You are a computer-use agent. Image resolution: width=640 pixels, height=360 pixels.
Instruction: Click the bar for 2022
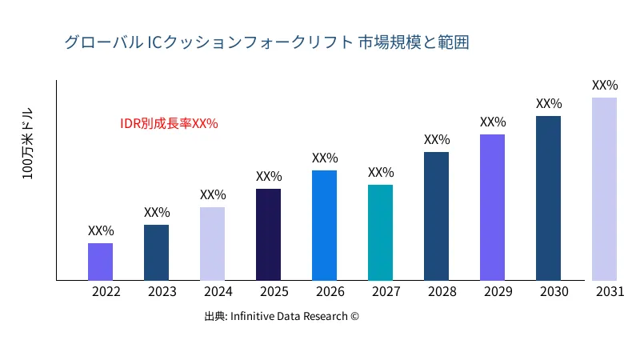click(x=100, y=262)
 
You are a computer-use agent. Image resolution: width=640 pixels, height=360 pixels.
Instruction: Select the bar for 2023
click(x=156, y=253)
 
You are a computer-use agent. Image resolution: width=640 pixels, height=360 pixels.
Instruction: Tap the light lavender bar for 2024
click(x=212, y=244)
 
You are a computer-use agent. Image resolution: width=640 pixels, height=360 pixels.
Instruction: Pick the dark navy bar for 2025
click(x=268, y=234)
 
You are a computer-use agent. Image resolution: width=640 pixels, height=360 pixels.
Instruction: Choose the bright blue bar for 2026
click(x=324, y=226)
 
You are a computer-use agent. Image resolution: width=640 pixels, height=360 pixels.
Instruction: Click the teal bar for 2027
click(x=380, y=233)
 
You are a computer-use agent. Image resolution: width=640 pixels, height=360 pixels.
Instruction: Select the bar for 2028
click(x=436, y=216)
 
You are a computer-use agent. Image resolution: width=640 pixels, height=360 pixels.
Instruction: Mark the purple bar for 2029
click(x=492, y=207)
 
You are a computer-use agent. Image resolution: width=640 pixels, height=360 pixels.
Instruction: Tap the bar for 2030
click(x=548, y=198)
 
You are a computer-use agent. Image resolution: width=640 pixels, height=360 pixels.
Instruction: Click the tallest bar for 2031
click(x=604, y=189)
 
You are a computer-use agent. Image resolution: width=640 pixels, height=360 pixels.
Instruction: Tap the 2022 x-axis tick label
click(x=106, y=292)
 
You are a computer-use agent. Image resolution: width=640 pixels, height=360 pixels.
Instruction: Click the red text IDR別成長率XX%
click(x=169, y=124)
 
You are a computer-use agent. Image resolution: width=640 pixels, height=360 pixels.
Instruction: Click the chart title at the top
click(x=266, y=42)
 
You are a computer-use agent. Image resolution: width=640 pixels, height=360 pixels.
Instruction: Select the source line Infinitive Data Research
click(x=282, y=317)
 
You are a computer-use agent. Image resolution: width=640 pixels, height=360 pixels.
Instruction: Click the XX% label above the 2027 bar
click(x=381, y=173)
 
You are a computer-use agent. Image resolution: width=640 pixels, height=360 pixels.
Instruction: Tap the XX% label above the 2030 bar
click(x=549, y=104)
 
